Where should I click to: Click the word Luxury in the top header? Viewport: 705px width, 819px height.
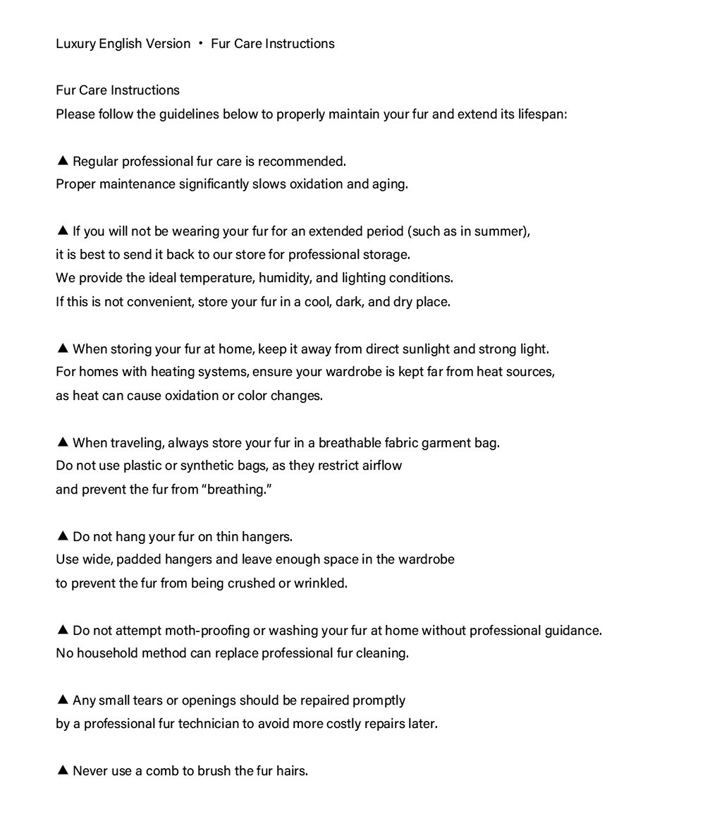(x=76, y=44)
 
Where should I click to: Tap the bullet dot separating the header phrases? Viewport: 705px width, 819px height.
(x=201, y=44)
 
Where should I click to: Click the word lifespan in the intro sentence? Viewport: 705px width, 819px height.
(x=542, y=114)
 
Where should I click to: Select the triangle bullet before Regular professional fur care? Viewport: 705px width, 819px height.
(x=62, y=161)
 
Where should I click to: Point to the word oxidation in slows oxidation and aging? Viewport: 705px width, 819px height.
(x=317, y=184)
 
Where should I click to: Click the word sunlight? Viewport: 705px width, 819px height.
(x=424, y=349)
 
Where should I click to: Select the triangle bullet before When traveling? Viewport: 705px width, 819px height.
(x=62, y=442)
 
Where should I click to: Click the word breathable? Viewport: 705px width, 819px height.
(x=350, y=443)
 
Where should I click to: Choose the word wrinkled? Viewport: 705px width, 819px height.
(x=321, y=583)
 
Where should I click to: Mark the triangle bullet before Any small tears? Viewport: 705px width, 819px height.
(x=62, y=700)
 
